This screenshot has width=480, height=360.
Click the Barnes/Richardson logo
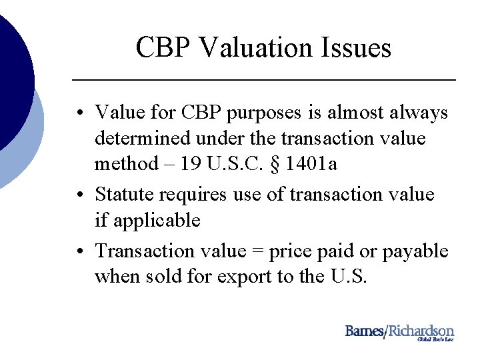[399, 331]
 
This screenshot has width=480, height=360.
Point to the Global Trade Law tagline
[435, 339]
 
